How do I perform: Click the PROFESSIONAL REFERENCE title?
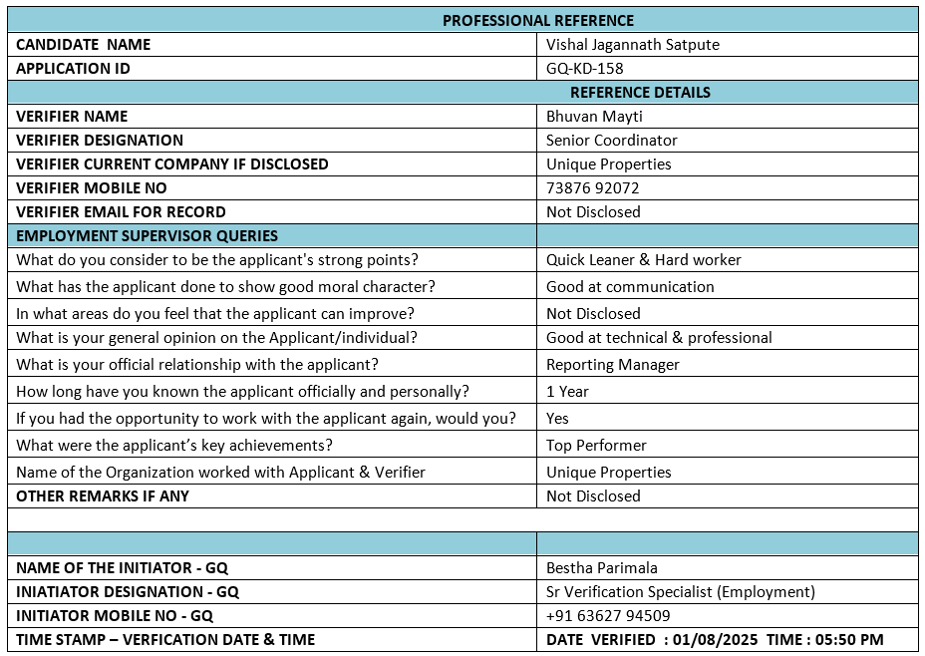537,20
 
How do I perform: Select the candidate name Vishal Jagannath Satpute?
632,44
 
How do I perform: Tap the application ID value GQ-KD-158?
584,69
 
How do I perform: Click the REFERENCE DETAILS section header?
640,93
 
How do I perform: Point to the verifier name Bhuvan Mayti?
594,117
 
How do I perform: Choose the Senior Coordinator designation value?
611,141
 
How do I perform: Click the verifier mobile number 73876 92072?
592,188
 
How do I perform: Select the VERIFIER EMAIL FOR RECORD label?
121,212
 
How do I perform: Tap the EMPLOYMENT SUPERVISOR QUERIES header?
147,236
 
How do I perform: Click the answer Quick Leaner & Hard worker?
643,260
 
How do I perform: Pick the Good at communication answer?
630,287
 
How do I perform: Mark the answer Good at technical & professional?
659,338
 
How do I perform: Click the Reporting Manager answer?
612,365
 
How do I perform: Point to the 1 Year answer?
567,392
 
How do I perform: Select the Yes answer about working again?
557,419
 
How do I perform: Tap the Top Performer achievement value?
596,446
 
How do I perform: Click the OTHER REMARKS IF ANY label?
103,496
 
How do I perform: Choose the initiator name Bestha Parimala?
601,568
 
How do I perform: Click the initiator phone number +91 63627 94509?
608,616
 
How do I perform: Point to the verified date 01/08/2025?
713,640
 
